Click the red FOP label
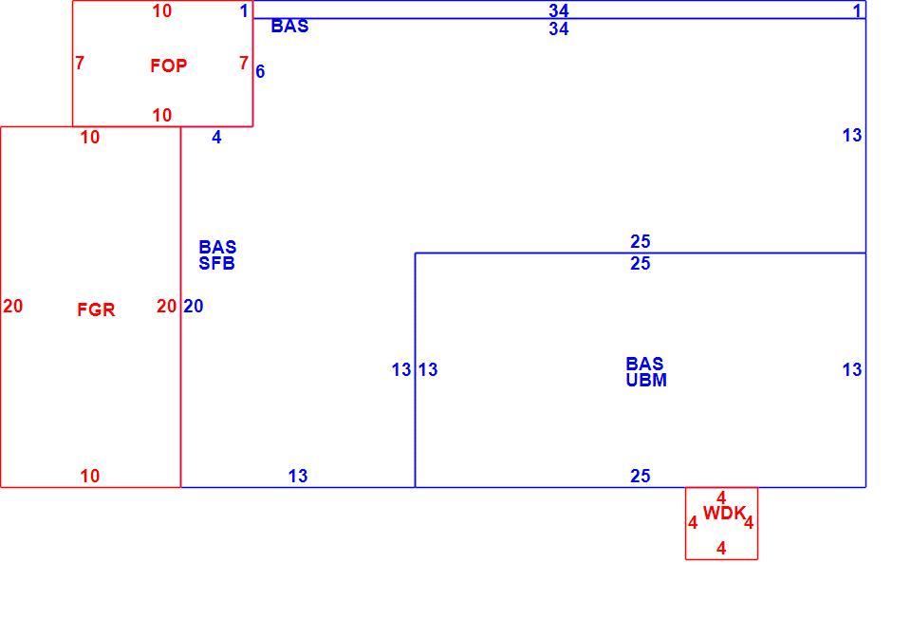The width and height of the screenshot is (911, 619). pyautogui.click(x=169, y=66)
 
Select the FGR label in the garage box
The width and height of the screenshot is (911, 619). pyautogui.click(x=96, y=309)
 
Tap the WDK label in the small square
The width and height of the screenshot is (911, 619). pyautogui.click(x=724, y=514)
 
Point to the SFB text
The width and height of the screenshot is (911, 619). pyautogui.click(x=216, y=263)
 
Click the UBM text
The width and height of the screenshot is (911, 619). pyautogui.click(x=646, y=380)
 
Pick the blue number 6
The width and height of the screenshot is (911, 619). pyautogui.click(x=260, y=71)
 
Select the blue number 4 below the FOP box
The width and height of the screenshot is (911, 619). pyautogui.click(x=216, y=137)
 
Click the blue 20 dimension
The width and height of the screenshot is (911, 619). pyautogui.click(x=194, y=307)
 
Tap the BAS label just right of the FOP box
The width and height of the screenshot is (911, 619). pyautogui.click(x=290, y=27)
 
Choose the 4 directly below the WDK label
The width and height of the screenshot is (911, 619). pyautogui.click(x=721, y=548)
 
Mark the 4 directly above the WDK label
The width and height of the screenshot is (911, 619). pyautogui.click(x=721, y=497)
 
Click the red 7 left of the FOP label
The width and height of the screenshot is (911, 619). pyautogui.click(x=80, y=63)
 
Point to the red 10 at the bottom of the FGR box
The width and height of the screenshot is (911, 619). pyautogui.click(x=89, y=476)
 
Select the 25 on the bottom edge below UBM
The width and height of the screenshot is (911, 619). pyautogui.click(x=641, y=476)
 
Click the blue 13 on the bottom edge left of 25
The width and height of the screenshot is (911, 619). pyautogui.click(x=297, y=476)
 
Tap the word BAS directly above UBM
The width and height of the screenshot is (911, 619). pyautogui.click(x=644, y=364)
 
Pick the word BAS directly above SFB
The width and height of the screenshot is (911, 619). pyautogui.click(x=217, y=247)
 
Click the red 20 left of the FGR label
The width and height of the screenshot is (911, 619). pyautogui.click(x=12, y=307)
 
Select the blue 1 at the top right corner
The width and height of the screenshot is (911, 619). pyautogui.click(x=857, y=10)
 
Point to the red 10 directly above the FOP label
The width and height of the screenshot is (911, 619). pyautogui.click(x=162, y=10)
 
